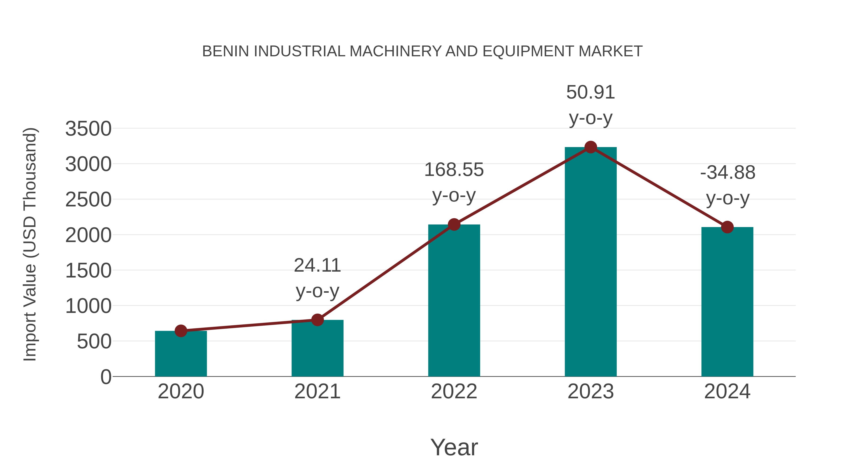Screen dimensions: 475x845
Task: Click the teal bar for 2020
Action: tap(181, 354)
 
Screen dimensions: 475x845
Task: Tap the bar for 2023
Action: tap(591, 262)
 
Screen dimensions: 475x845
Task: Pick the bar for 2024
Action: tap(727, 302)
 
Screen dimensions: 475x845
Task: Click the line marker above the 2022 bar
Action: tap(454, 224)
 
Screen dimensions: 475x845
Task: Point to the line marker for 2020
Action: tap(181, 331)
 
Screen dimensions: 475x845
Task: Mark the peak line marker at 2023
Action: tap(591, 147)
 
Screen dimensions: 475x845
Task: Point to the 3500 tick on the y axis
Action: tap(88, 129)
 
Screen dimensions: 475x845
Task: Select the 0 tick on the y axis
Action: tap(106, 377)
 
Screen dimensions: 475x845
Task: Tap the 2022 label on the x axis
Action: tap(454, 391)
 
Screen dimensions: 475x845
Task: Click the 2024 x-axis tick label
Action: tap(727, 391)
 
